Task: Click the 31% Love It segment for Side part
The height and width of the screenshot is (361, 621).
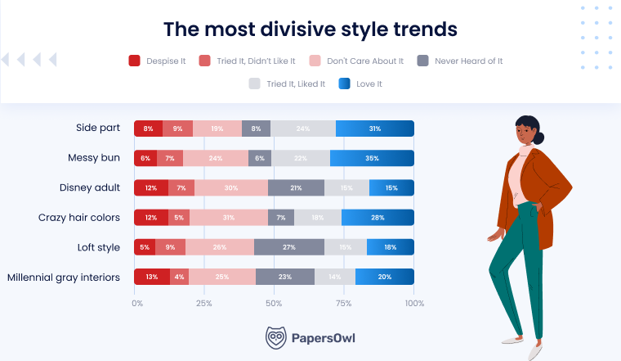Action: coord(375,129)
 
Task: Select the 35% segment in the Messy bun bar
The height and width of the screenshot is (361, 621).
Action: coord(372,158)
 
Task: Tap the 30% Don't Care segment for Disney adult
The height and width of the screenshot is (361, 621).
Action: coord(230,188)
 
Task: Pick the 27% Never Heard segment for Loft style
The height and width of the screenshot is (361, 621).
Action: coord(288,247)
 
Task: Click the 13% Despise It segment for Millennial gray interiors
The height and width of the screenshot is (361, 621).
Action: coord(151,277)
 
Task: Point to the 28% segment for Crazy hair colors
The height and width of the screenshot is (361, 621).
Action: coord(377,218)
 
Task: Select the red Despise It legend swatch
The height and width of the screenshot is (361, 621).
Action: coord(135,61)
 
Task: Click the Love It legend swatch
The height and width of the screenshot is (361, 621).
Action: coord(344,83)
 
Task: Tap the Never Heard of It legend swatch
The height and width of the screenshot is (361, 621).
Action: coord(422,61)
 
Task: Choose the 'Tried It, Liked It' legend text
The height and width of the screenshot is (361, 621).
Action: coord(294,83)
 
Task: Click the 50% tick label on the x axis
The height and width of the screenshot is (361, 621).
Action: coord(275,303)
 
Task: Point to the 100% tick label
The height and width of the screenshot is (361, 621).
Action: coord(414,303)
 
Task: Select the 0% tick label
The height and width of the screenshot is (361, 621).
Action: coord(136,303)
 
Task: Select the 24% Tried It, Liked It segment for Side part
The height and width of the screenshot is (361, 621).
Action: coord(302,129)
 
